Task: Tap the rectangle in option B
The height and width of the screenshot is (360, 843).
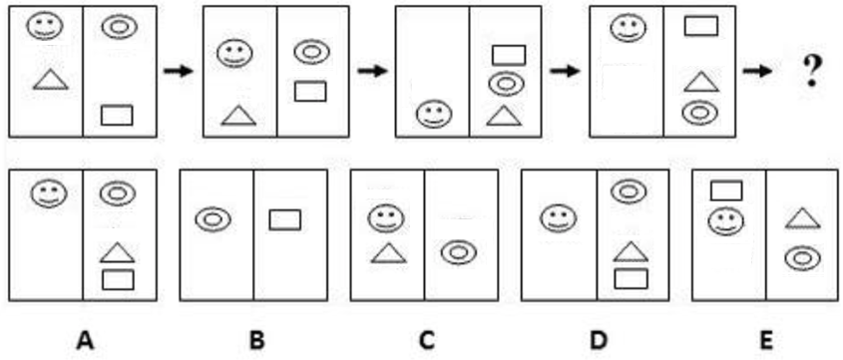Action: click(285, 218)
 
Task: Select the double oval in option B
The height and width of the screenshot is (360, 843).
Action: click(211, 218)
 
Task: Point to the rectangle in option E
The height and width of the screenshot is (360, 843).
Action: click(726, 189)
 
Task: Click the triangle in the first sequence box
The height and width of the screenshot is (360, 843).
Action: click(51, 80)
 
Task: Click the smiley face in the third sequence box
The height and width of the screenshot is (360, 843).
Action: click(432, 113)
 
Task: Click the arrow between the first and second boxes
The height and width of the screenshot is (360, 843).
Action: click(179, 72)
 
